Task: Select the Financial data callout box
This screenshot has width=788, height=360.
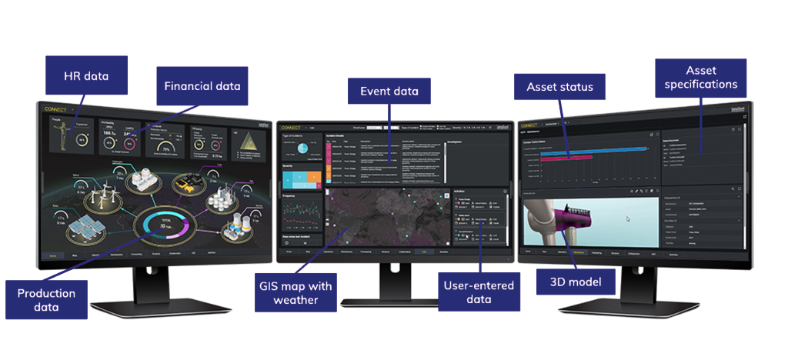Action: point(202,86)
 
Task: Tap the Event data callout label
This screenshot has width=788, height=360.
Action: point(389,92)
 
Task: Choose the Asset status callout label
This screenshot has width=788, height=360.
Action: point(559,87)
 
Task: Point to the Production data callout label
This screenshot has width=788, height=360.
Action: point(46,299)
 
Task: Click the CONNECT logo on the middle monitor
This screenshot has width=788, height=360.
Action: point(292,125)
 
